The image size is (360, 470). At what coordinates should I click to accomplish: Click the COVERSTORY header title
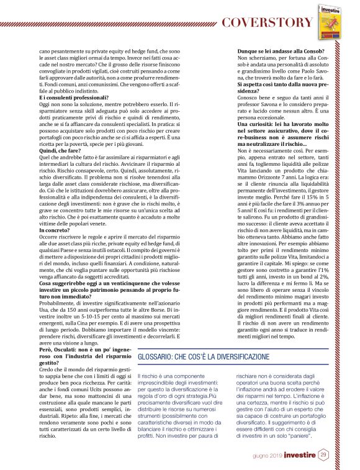tap(267, 23)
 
